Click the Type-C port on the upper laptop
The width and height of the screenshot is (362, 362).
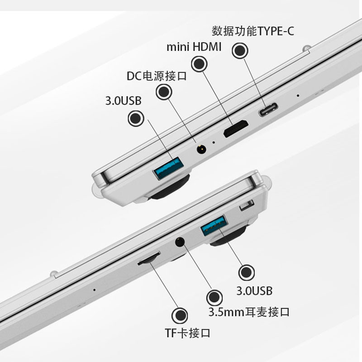(x=268, y=110)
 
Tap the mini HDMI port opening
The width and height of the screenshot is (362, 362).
(x=236, y=129)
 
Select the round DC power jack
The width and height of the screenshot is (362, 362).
(x=201, y=149)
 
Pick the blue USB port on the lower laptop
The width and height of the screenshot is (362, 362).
(x=214, y=225)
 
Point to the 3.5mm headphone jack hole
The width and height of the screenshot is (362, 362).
(x=180, y=242)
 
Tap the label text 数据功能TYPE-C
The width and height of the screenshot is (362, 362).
(x=253, y=31)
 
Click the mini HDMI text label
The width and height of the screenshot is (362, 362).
(x=194, y=47)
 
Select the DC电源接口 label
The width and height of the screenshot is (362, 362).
(x=157, y=76)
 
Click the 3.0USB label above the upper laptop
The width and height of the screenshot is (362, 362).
(x=123, y=100)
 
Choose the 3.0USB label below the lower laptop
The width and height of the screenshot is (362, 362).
(x=254, y=291)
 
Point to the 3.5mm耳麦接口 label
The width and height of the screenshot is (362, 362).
(x=249, y=312)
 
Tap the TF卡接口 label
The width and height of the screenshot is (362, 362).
(x=187, y=333)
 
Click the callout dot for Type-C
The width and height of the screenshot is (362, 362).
(x=240, y=51)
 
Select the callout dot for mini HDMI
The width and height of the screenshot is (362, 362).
(x=199, y=64)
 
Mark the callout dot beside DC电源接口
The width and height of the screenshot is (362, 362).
(x=164, y=92)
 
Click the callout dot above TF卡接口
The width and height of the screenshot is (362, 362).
(x=180, y=315)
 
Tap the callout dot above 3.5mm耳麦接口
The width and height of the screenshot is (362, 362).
(x=214, y=298)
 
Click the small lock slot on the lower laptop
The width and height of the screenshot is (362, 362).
(x=247, y=205)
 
